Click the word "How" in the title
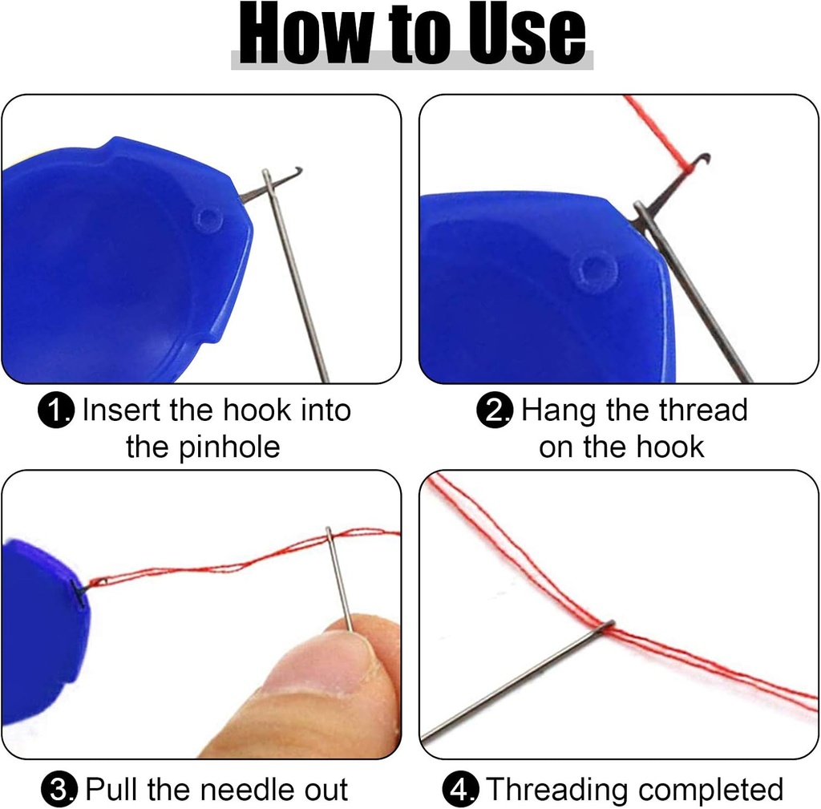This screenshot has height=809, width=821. [x=301, y=35]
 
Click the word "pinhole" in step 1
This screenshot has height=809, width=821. [x=229, y=447]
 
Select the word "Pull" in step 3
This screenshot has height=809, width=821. [x=112, y=790]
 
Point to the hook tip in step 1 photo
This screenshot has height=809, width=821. [x=297, y=169]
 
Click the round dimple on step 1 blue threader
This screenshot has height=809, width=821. [x=208, y=217]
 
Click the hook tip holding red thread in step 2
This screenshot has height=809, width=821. [x=703, y=159]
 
